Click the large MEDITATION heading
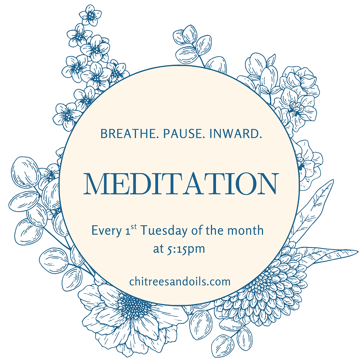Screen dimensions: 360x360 pyautogui.click(x=180, y=183)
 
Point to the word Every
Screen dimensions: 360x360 pyautogui.click(x=105, y=231)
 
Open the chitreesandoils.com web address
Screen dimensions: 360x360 pyautogui.click(x=180, y=282)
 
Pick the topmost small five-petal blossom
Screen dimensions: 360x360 pyautogui.click(x=90, y=15)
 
